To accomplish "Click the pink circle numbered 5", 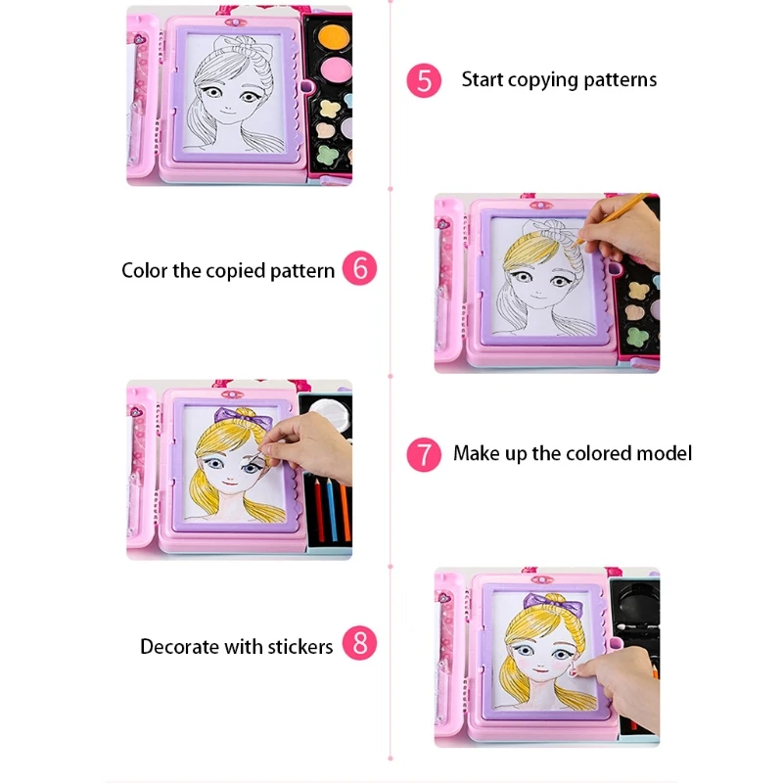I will pyautogui.click(x=423, y=80).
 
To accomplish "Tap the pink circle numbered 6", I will pyautogui.click(x=359, y=269).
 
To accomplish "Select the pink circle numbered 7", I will pyautogui.click(x=423, y=454).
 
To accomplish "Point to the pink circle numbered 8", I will pyautogui.click(x=359, y=644).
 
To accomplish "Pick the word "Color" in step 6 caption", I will pyautogui.click(x=145, y=270).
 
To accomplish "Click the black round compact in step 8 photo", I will pyautogui.click(x=637, y=598).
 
